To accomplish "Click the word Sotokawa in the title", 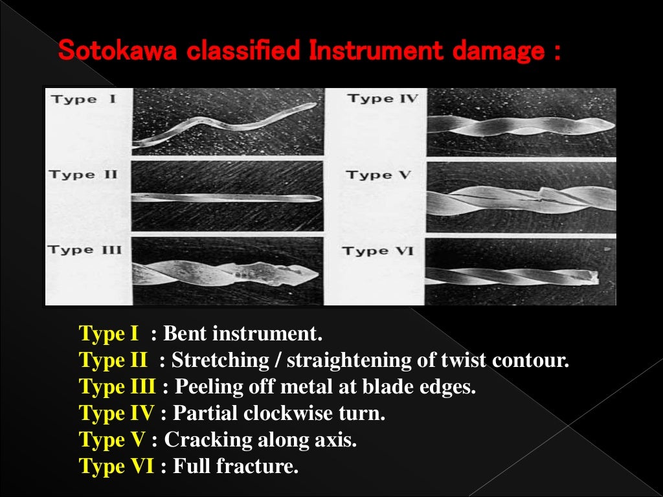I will pyautogui.click(x=117, y=51).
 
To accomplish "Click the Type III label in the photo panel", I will pyautogui.click(x=84, y=250).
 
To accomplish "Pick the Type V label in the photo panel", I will pyautogui.click(x=379, y=175).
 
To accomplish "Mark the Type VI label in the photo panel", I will pyautogui.click(x=377, y=251).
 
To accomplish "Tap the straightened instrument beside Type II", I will pyautogui.click(x=227, y=198).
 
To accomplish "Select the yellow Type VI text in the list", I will pyautogui.click(x=116, y=466).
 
